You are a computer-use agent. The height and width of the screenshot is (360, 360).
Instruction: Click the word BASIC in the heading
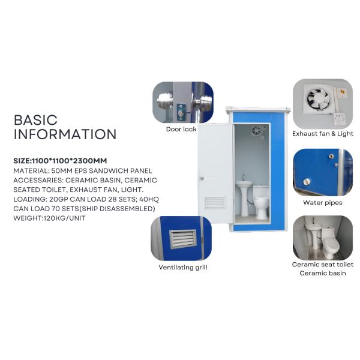(35, 120)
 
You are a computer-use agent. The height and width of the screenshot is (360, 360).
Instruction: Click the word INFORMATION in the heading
(65, 134)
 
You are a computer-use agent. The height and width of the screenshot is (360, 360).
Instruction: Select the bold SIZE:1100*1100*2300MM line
(60, 161)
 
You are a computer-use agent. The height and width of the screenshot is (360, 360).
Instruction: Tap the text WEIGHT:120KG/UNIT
(49, 218)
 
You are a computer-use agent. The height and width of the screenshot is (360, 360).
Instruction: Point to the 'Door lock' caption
(181, 129)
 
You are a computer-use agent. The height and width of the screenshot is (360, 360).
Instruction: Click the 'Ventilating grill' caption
(183, 268)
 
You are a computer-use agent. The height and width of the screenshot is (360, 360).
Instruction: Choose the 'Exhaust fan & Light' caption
(323, 134)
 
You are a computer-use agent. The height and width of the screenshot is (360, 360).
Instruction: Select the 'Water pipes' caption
(323, 203)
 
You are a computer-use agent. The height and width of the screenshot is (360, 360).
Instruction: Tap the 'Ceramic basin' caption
(323, 273)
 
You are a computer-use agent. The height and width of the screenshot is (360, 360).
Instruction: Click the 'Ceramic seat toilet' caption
(323, 265)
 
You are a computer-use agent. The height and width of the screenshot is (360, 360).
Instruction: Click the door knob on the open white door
(202, 178)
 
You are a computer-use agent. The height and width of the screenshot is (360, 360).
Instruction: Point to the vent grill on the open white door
(215, 203)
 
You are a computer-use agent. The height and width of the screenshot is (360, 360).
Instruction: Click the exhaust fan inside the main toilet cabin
(256, 130)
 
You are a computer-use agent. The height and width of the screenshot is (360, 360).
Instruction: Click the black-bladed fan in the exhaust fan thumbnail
(317, 99)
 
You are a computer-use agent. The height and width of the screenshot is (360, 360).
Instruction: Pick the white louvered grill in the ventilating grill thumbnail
(183, 239)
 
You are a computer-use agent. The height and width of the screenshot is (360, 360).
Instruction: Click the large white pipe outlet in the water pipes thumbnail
(307, 182)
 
